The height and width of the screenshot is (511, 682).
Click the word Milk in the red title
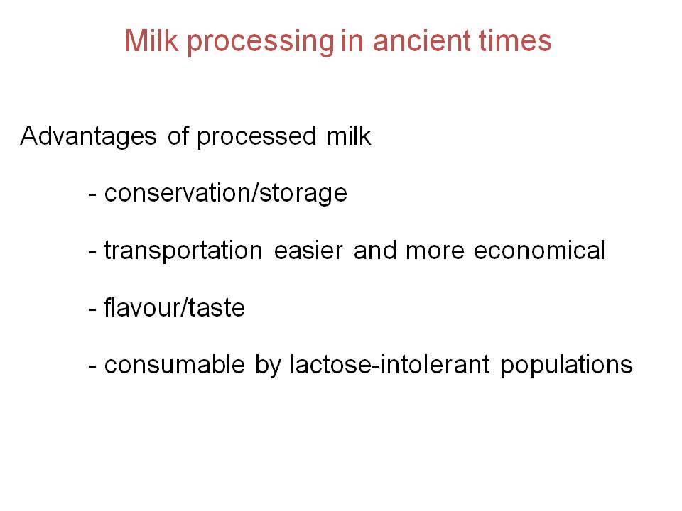[151, 40]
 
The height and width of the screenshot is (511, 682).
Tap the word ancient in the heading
[422, 40]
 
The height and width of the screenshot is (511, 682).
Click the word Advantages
[88, 137]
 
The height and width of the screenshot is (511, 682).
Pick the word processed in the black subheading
[256, 137]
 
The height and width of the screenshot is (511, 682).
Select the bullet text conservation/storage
[226, 193]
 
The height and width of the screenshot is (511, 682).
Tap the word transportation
[183, 251]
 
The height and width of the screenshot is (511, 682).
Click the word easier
[308, 251]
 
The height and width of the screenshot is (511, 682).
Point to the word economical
[539, 251]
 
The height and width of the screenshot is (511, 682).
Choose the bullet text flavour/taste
[175, 307]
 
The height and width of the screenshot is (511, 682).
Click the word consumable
[175, 363]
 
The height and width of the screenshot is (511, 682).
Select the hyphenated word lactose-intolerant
[390, 363]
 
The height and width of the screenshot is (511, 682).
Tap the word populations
[566, 365]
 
